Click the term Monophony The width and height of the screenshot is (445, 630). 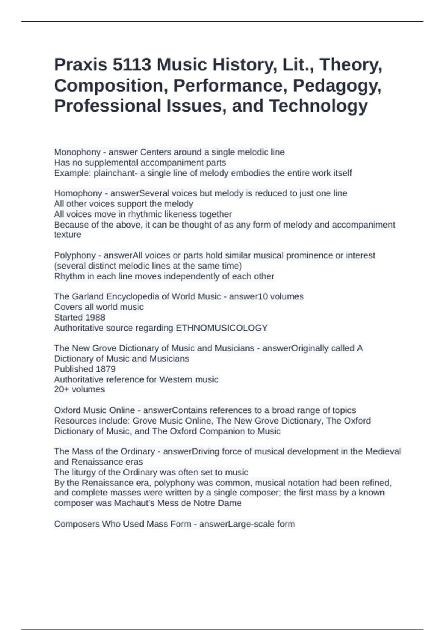click(x=77, y=152)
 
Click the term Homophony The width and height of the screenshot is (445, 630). click(x=78, y=193)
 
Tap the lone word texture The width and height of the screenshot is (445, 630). click(x=67, y=235)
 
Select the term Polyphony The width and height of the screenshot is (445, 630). click(x=75, y=255)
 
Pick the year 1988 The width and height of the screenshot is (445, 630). click(x=95, y=317)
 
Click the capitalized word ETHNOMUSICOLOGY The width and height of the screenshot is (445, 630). click(x=221, y=328)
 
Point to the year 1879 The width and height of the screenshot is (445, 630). click(x=105, y=369)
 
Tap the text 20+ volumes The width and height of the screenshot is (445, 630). click(x=79, y=389)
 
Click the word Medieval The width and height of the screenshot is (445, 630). click(x=383, y=451)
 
